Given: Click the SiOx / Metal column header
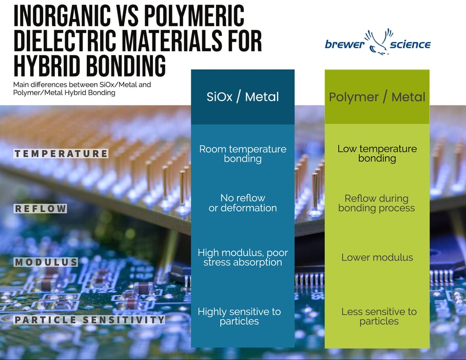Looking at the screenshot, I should [x=243, y=97].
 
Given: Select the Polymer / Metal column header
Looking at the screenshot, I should [x=377, y=97].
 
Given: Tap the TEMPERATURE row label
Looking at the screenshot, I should [x=61, y=154].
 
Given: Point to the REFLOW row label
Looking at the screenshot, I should [x=41, y=209].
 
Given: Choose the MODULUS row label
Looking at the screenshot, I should [x=46, y=262].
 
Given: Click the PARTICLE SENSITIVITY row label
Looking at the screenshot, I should [x=89, y=320].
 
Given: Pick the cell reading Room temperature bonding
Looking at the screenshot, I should [x=243, y=154].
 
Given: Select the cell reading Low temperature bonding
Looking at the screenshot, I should [x=377, y=154].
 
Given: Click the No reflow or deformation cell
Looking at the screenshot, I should [x=243, y=203].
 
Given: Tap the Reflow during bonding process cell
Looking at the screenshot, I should [x=377, y=203].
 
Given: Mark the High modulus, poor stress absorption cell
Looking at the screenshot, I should [x=243, y=257].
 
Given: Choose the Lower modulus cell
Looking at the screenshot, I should [x=377, y=257].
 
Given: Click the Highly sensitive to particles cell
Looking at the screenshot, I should [x=239, y=316].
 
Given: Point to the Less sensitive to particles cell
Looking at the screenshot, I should [x=379, y=316].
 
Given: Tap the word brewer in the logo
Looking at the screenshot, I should [x=344, y=45].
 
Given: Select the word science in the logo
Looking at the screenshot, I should [x=410, y=45].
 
